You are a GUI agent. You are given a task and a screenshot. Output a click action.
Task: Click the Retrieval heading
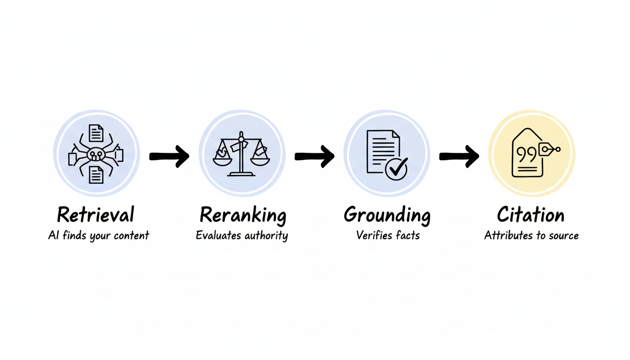(96, 215)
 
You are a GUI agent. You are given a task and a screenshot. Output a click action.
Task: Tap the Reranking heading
(242, 215)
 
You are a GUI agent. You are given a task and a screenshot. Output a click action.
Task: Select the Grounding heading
(387, 215)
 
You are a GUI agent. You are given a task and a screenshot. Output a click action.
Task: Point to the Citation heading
(531, 215)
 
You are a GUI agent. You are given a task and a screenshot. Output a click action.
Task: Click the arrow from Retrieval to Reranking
(169, 156)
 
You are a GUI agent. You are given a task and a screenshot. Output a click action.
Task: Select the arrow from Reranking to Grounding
(315, 156)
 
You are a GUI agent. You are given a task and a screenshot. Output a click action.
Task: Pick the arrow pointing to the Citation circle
(459, 156)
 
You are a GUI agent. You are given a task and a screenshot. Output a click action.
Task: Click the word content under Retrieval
(132, 235)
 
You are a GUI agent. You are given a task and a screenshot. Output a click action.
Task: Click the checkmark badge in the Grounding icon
(397, 168)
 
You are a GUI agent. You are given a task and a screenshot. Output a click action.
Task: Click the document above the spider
(96, 133)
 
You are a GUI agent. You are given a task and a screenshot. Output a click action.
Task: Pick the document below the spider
(96, 175)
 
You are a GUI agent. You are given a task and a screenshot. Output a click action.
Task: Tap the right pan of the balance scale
(260, 159)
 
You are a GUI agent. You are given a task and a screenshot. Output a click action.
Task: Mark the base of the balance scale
(241, 174)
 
